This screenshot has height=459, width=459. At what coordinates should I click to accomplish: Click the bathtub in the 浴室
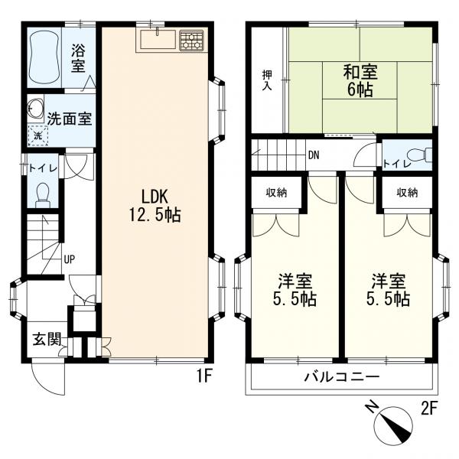(45, 57)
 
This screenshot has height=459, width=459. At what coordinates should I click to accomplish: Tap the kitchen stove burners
(191, 41)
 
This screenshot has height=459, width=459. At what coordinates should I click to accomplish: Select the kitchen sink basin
(158, 40)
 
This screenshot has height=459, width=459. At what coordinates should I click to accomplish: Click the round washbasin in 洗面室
(35, 109)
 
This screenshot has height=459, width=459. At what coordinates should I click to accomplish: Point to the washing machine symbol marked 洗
(37, 135)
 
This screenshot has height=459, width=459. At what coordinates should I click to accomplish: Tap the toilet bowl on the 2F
(420, 155)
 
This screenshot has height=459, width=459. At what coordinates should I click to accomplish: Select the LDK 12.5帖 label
(155, 206)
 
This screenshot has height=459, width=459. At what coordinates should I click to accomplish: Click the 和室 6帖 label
(360, 80)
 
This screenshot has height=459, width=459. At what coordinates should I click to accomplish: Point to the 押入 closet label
(267, 80)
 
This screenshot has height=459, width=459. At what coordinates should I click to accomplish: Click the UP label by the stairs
(70, 259)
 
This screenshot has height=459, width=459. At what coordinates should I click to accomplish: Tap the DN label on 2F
(314, 155)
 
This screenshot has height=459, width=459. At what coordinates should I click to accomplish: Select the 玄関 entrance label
(47, 339)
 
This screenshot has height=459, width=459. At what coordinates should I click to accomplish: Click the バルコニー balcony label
(342, 376)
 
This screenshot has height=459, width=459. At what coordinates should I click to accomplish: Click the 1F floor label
(203, 376)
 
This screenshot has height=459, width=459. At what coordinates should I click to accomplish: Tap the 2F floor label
(429, 409)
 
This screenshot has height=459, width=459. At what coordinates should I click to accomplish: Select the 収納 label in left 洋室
(277, 193)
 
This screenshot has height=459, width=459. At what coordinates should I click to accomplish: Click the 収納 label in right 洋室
(407, 193)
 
